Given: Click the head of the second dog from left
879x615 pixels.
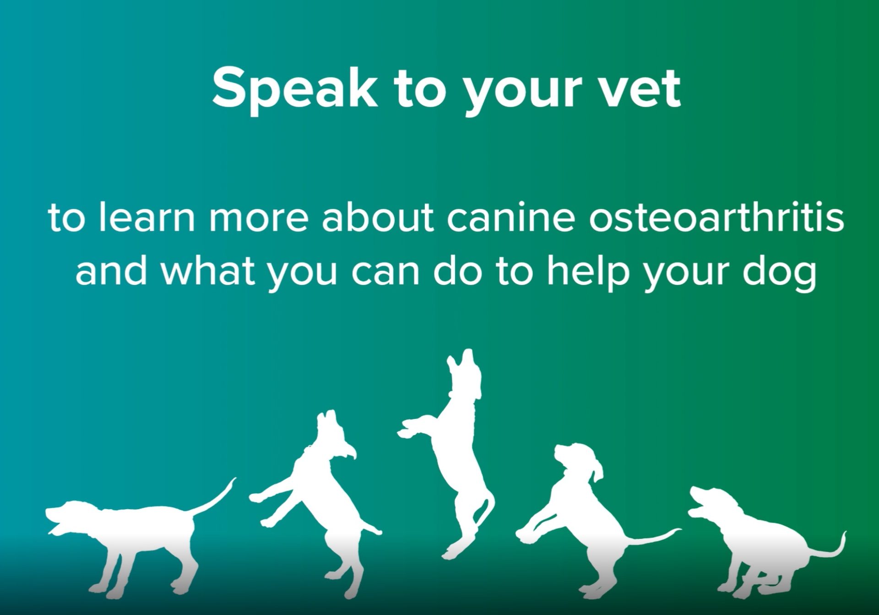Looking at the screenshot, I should click(336, 435).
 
